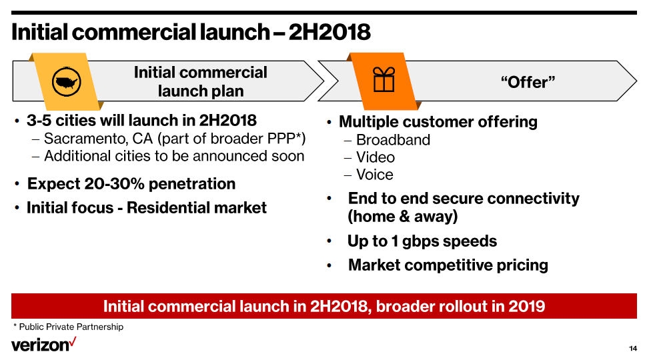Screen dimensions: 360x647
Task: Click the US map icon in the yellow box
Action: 66,82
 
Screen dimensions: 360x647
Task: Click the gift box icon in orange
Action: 384,81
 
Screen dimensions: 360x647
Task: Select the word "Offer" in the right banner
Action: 528,82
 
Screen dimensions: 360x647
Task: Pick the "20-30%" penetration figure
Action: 104,184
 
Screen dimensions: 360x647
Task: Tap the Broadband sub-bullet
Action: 393,140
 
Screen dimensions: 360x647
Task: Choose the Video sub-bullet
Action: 376,157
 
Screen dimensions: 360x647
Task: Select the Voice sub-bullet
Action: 375,175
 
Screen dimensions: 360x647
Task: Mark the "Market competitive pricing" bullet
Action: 448,265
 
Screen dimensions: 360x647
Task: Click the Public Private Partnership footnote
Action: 71,327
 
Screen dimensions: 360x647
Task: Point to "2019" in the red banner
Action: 527,307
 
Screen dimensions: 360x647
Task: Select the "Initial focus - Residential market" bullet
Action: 146,208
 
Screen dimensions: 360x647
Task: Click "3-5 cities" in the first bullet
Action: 61,121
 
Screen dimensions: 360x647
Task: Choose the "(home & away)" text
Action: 402,217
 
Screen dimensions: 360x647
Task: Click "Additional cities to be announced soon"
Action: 173,156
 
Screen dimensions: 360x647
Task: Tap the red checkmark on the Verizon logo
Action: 73,341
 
